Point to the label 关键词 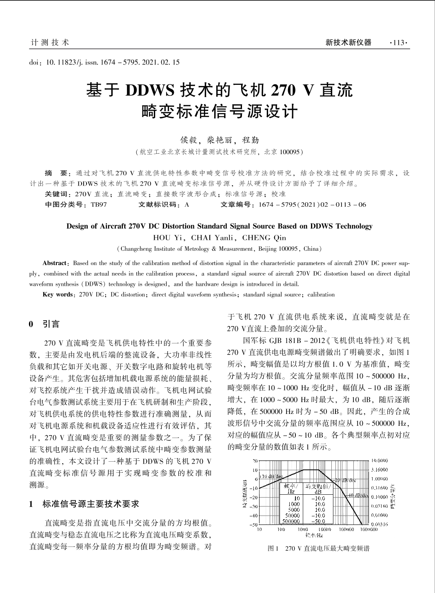[x=57, y=194]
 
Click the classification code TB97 [x=99, y=204]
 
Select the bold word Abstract [x=55, y=263]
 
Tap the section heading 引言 [x=51, y=325]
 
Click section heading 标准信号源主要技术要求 [x=91, y=504]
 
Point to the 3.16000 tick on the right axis [x=380, y=469]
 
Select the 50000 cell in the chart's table [x=293, y=516]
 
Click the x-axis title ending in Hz [x=314, y=535]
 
